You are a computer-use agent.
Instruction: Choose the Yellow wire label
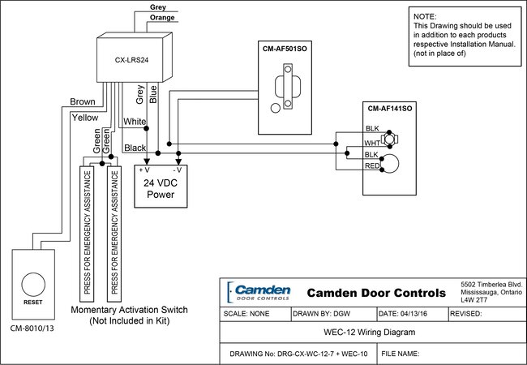coord(84,117)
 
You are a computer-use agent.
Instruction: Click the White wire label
coord(134,122)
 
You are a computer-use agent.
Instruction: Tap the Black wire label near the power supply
coord(135,148)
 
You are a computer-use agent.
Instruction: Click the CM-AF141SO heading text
coord(391,108)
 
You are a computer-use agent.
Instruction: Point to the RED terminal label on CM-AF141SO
coord(372,165)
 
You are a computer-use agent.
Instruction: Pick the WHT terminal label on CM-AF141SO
coord(372,143)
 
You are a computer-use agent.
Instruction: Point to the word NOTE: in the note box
coord(425,16)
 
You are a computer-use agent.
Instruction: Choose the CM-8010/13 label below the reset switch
coord(33,328)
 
